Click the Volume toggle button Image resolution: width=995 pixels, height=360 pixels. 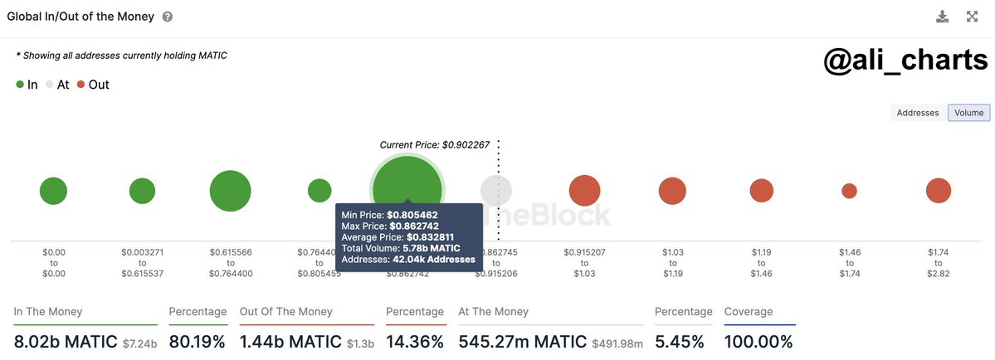pyautogui.click(x=968, y=113)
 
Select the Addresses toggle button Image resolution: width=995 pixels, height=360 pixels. pyautogui.click(x=918, y=113)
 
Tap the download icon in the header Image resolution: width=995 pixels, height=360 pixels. pyautogui.click(x=942, y=17)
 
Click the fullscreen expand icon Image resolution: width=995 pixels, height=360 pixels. pyautogui.click(x=973, y=17)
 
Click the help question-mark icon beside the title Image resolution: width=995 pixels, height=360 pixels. pyautogui.click(x=168, y=17)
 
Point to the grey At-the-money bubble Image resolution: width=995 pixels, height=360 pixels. pyautogui.click(x=496, y=191)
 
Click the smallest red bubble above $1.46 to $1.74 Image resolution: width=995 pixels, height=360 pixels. pyautogui.click(x=849, y=191)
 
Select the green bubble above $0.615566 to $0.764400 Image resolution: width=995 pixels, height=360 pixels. pyautogui.click(x=230, y=191)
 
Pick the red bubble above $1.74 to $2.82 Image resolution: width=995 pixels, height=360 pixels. pyautogui.click(x=939, y=191)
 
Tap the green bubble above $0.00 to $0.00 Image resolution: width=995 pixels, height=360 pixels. pyautogui.click(x=53, y=191)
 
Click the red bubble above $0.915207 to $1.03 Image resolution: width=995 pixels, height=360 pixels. pyautogui.click(x=585, y=191)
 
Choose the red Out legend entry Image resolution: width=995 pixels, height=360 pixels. pyautogui.click(x=93, y=85)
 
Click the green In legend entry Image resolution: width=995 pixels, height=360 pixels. pyautogui.click(x=27, y=85)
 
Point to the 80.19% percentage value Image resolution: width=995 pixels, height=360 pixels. pyautogui.click(x=198, y=341)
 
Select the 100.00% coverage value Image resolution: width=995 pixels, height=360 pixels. pyautogui.click(x=758, y=341)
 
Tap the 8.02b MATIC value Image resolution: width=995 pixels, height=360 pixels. pyautogui.click(x=66, y=341)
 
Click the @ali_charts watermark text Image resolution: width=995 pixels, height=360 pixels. pyautogui.click(x=905, y=61)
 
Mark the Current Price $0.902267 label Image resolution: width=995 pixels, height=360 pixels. pyautogui.click(x=435, y=144)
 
